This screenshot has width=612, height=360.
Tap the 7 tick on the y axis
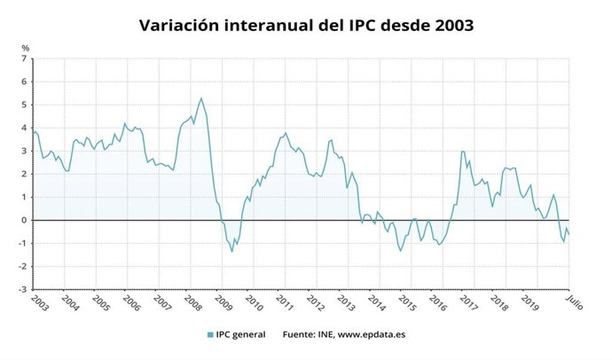25,59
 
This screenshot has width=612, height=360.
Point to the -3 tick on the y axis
24,289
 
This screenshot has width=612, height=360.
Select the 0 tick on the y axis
25,220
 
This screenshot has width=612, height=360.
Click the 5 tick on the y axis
25,105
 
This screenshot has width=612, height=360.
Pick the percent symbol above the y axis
25,47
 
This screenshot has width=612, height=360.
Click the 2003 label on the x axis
38,301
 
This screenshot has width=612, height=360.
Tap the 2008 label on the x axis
192,301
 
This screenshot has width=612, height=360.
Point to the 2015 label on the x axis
406,301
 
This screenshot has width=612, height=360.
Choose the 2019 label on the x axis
530,301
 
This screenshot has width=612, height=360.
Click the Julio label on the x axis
575,301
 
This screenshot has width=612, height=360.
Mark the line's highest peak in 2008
201,98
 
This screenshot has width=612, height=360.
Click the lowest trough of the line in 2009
232,251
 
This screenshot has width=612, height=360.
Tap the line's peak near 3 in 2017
463,152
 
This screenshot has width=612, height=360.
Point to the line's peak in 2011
285,133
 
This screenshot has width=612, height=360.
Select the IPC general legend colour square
209,334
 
